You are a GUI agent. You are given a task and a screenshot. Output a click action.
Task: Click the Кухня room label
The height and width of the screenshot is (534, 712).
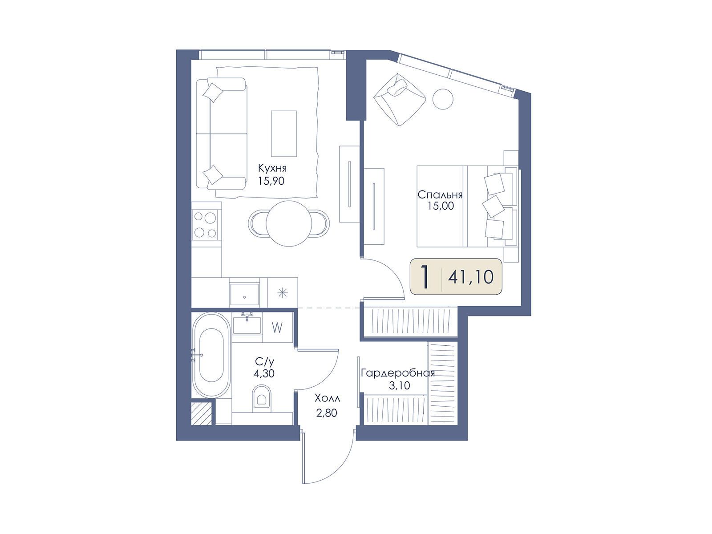[x=272, y=169]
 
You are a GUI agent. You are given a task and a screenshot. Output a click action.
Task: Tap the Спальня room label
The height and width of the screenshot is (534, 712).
[x=440, y=195]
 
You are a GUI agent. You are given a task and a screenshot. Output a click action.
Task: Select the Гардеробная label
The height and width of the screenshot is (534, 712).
[x=398, y=373]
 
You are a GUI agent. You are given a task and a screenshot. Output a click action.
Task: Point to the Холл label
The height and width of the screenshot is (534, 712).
[x=327, y=398]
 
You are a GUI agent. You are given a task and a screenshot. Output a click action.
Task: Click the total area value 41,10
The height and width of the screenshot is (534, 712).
[x=471, y=277]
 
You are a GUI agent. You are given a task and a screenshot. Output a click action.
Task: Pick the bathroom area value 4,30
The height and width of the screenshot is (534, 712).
[x=264, y=373]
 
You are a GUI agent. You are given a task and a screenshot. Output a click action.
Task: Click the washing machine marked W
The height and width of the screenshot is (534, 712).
[x=277, y=328]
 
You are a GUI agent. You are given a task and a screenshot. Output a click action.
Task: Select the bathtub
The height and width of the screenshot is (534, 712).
[x=211, y=355]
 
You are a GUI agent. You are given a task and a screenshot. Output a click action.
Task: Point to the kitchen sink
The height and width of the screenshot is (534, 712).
[x=244, y=295]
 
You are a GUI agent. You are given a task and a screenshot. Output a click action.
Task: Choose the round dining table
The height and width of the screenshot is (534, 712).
[x=289, y=223]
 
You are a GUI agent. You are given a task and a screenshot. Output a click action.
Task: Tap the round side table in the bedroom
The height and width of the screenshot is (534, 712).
[x=443, y=98]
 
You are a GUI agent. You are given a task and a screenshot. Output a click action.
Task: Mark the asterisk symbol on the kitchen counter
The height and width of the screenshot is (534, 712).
[x=283, y=293]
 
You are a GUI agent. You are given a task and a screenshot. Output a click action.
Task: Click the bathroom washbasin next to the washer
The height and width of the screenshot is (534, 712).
[x=247, y=325]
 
